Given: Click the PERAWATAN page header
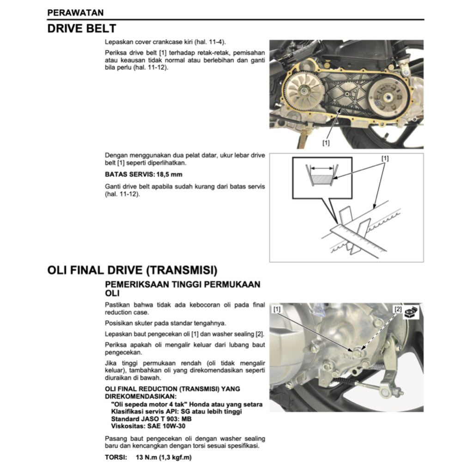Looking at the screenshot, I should point(75,12).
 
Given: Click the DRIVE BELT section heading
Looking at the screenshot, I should point(81,29).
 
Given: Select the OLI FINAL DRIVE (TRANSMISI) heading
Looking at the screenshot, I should point(132,270).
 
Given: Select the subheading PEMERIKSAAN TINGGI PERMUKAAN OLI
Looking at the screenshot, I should point(182,289).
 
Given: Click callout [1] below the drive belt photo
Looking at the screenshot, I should point(326,143).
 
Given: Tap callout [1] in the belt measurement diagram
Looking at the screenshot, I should point(385,158).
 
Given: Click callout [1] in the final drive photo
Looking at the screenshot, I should point(277,308).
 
